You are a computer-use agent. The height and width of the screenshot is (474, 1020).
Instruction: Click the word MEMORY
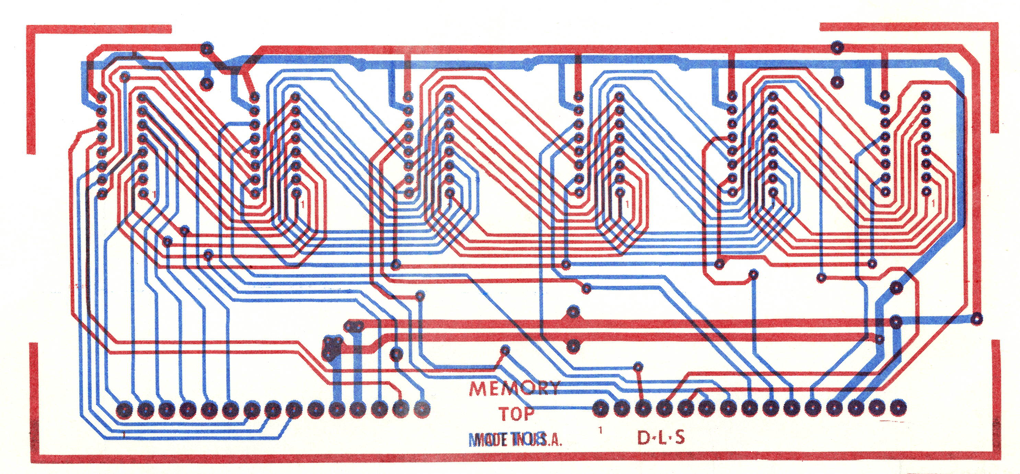(x=513, y=390)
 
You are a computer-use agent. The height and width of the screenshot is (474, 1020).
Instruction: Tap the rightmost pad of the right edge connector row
(x=897, y=407)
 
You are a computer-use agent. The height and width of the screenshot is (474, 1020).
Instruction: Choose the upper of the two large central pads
(x=572, y=312)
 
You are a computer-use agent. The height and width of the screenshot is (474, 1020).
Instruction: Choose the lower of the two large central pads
(x=572, y=345)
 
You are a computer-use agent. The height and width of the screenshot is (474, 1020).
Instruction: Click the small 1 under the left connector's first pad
(x=124, y=435)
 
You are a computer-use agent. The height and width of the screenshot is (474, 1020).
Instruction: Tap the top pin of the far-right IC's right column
(x=925, y=95)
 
